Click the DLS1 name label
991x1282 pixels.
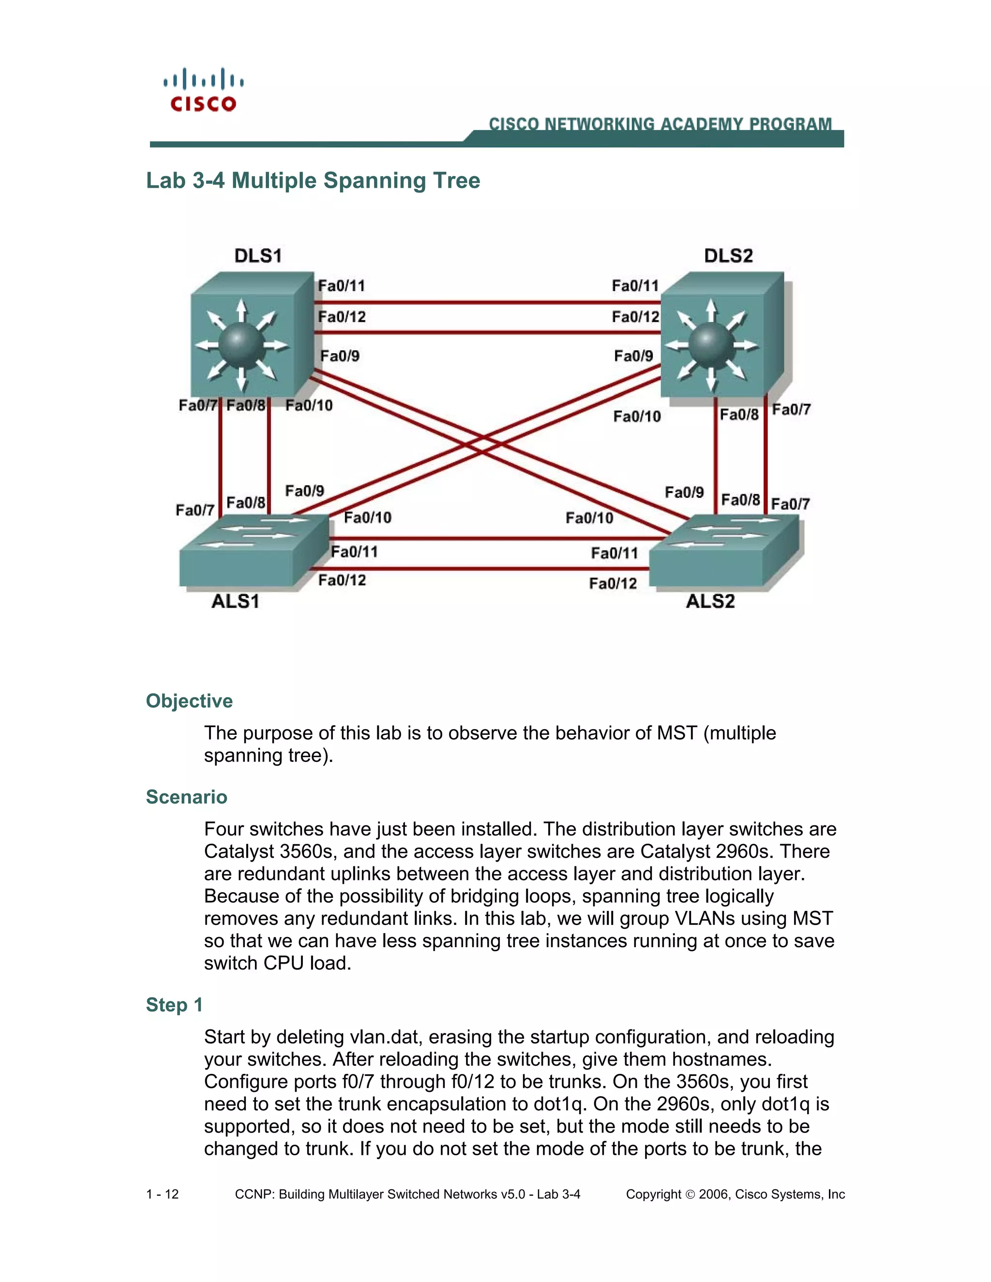(x=258, y=255)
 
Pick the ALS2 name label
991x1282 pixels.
(x=710, y=601)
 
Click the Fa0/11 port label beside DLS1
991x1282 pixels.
(x=342, y=286)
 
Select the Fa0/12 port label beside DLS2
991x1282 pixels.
(x=635, y=317)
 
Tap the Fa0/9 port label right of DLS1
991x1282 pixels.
(x=340, y=356)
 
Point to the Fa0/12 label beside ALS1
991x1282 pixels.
(x=342, y=581)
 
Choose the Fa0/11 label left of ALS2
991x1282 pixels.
(x=614, y=553)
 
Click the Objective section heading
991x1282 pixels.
(x=189, y=701)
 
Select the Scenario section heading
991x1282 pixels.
(x=186, y=797)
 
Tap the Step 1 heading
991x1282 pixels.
(x=174, y=1004)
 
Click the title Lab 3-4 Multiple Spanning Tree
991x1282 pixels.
(x=313, y=180)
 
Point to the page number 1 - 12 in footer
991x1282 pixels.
(x=163, y=1194)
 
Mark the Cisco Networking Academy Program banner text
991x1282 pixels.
(x=660, y=124)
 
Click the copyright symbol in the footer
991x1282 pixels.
(x=690, y=1194)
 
